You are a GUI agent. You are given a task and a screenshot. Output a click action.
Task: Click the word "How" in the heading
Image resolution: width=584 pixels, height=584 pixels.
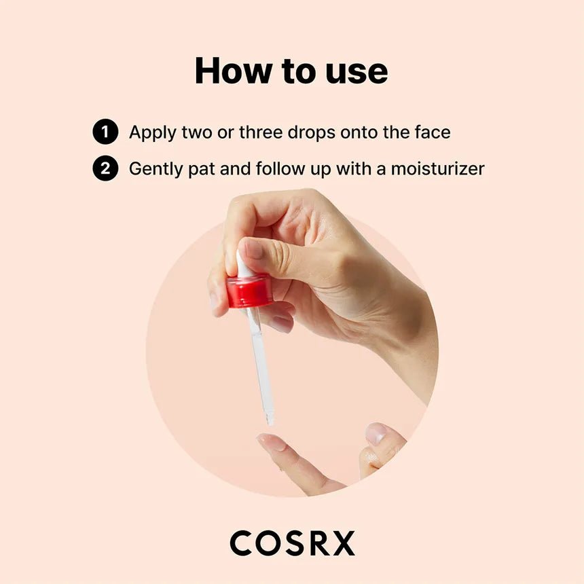click(x=234, y=71)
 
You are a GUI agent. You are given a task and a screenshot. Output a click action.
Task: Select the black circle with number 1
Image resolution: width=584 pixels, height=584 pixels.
click(x=105, y=132)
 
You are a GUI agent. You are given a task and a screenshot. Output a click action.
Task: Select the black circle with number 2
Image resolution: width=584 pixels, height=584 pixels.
click(x=105, y=168)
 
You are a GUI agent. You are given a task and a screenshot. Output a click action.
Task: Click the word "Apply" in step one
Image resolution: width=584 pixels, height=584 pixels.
click(x=153, y=133)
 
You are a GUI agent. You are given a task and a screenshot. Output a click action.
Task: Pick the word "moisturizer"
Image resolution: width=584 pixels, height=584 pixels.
click(x=437, y=168)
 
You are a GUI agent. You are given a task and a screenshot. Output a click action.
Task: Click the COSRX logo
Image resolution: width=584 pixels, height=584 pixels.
click(x=292, y=543)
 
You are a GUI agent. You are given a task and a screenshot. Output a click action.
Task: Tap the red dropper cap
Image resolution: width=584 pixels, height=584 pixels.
click(x=249, y=291)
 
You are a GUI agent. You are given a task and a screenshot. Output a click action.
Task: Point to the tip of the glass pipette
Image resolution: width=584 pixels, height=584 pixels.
click(x=270, y=424)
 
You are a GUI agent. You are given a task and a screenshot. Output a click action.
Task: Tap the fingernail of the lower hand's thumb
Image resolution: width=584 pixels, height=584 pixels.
click(x=376, y=434)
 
